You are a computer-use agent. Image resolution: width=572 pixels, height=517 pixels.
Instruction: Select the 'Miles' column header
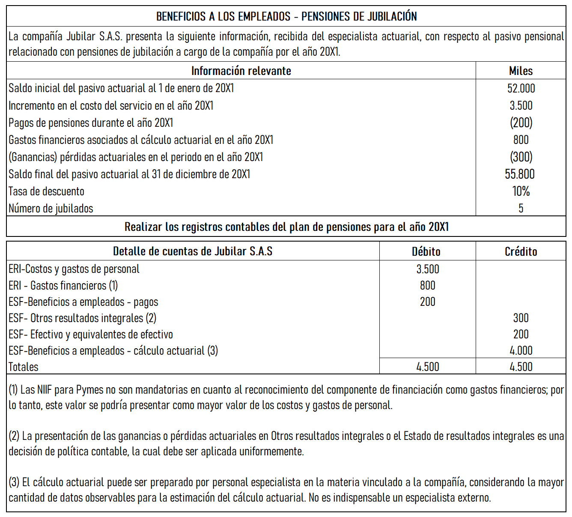[x=521, y=71]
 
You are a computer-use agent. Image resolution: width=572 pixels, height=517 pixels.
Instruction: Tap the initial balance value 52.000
[x=521, y=88]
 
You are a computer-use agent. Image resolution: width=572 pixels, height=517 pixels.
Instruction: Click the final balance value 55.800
[x=520, y=174]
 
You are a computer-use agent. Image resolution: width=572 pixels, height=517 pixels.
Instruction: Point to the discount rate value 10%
[x=521, y=191]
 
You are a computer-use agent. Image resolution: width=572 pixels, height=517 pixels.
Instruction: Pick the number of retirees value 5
[x=521, y=208]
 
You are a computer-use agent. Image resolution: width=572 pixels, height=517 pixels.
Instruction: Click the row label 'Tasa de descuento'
[x=46, y=191]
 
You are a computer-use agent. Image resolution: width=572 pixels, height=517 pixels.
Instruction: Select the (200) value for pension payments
[x=521, y=123]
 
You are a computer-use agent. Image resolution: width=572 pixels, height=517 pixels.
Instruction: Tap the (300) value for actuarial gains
[x=521, y=157]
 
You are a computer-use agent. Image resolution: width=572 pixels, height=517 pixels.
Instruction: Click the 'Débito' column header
[x=426, y=251]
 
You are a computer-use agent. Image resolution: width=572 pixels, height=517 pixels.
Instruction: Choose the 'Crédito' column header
[x=521, y=251]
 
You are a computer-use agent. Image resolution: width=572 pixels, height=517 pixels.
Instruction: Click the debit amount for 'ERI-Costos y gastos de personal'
[x=427, y=269]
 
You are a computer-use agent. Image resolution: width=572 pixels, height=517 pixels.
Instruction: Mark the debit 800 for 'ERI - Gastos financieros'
[x=427, y=285]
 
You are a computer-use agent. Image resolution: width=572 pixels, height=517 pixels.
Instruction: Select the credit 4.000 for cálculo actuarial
[x=521, y=350]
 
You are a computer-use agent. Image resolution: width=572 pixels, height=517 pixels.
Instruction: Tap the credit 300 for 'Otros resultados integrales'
[x=521, y=318]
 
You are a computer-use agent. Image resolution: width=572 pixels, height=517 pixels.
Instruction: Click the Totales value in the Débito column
[x=427, y=367]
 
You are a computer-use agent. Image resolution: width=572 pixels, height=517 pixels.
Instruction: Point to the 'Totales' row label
[x=24, y=367]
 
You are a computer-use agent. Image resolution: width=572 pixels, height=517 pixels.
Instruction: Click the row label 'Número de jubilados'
[x=51, y=208]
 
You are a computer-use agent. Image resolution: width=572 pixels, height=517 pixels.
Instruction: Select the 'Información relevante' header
[x=241, y=71]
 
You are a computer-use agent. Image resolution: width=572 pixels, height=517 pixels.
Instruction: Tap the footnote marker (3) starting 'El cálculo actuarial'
[x=14, y=482]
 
